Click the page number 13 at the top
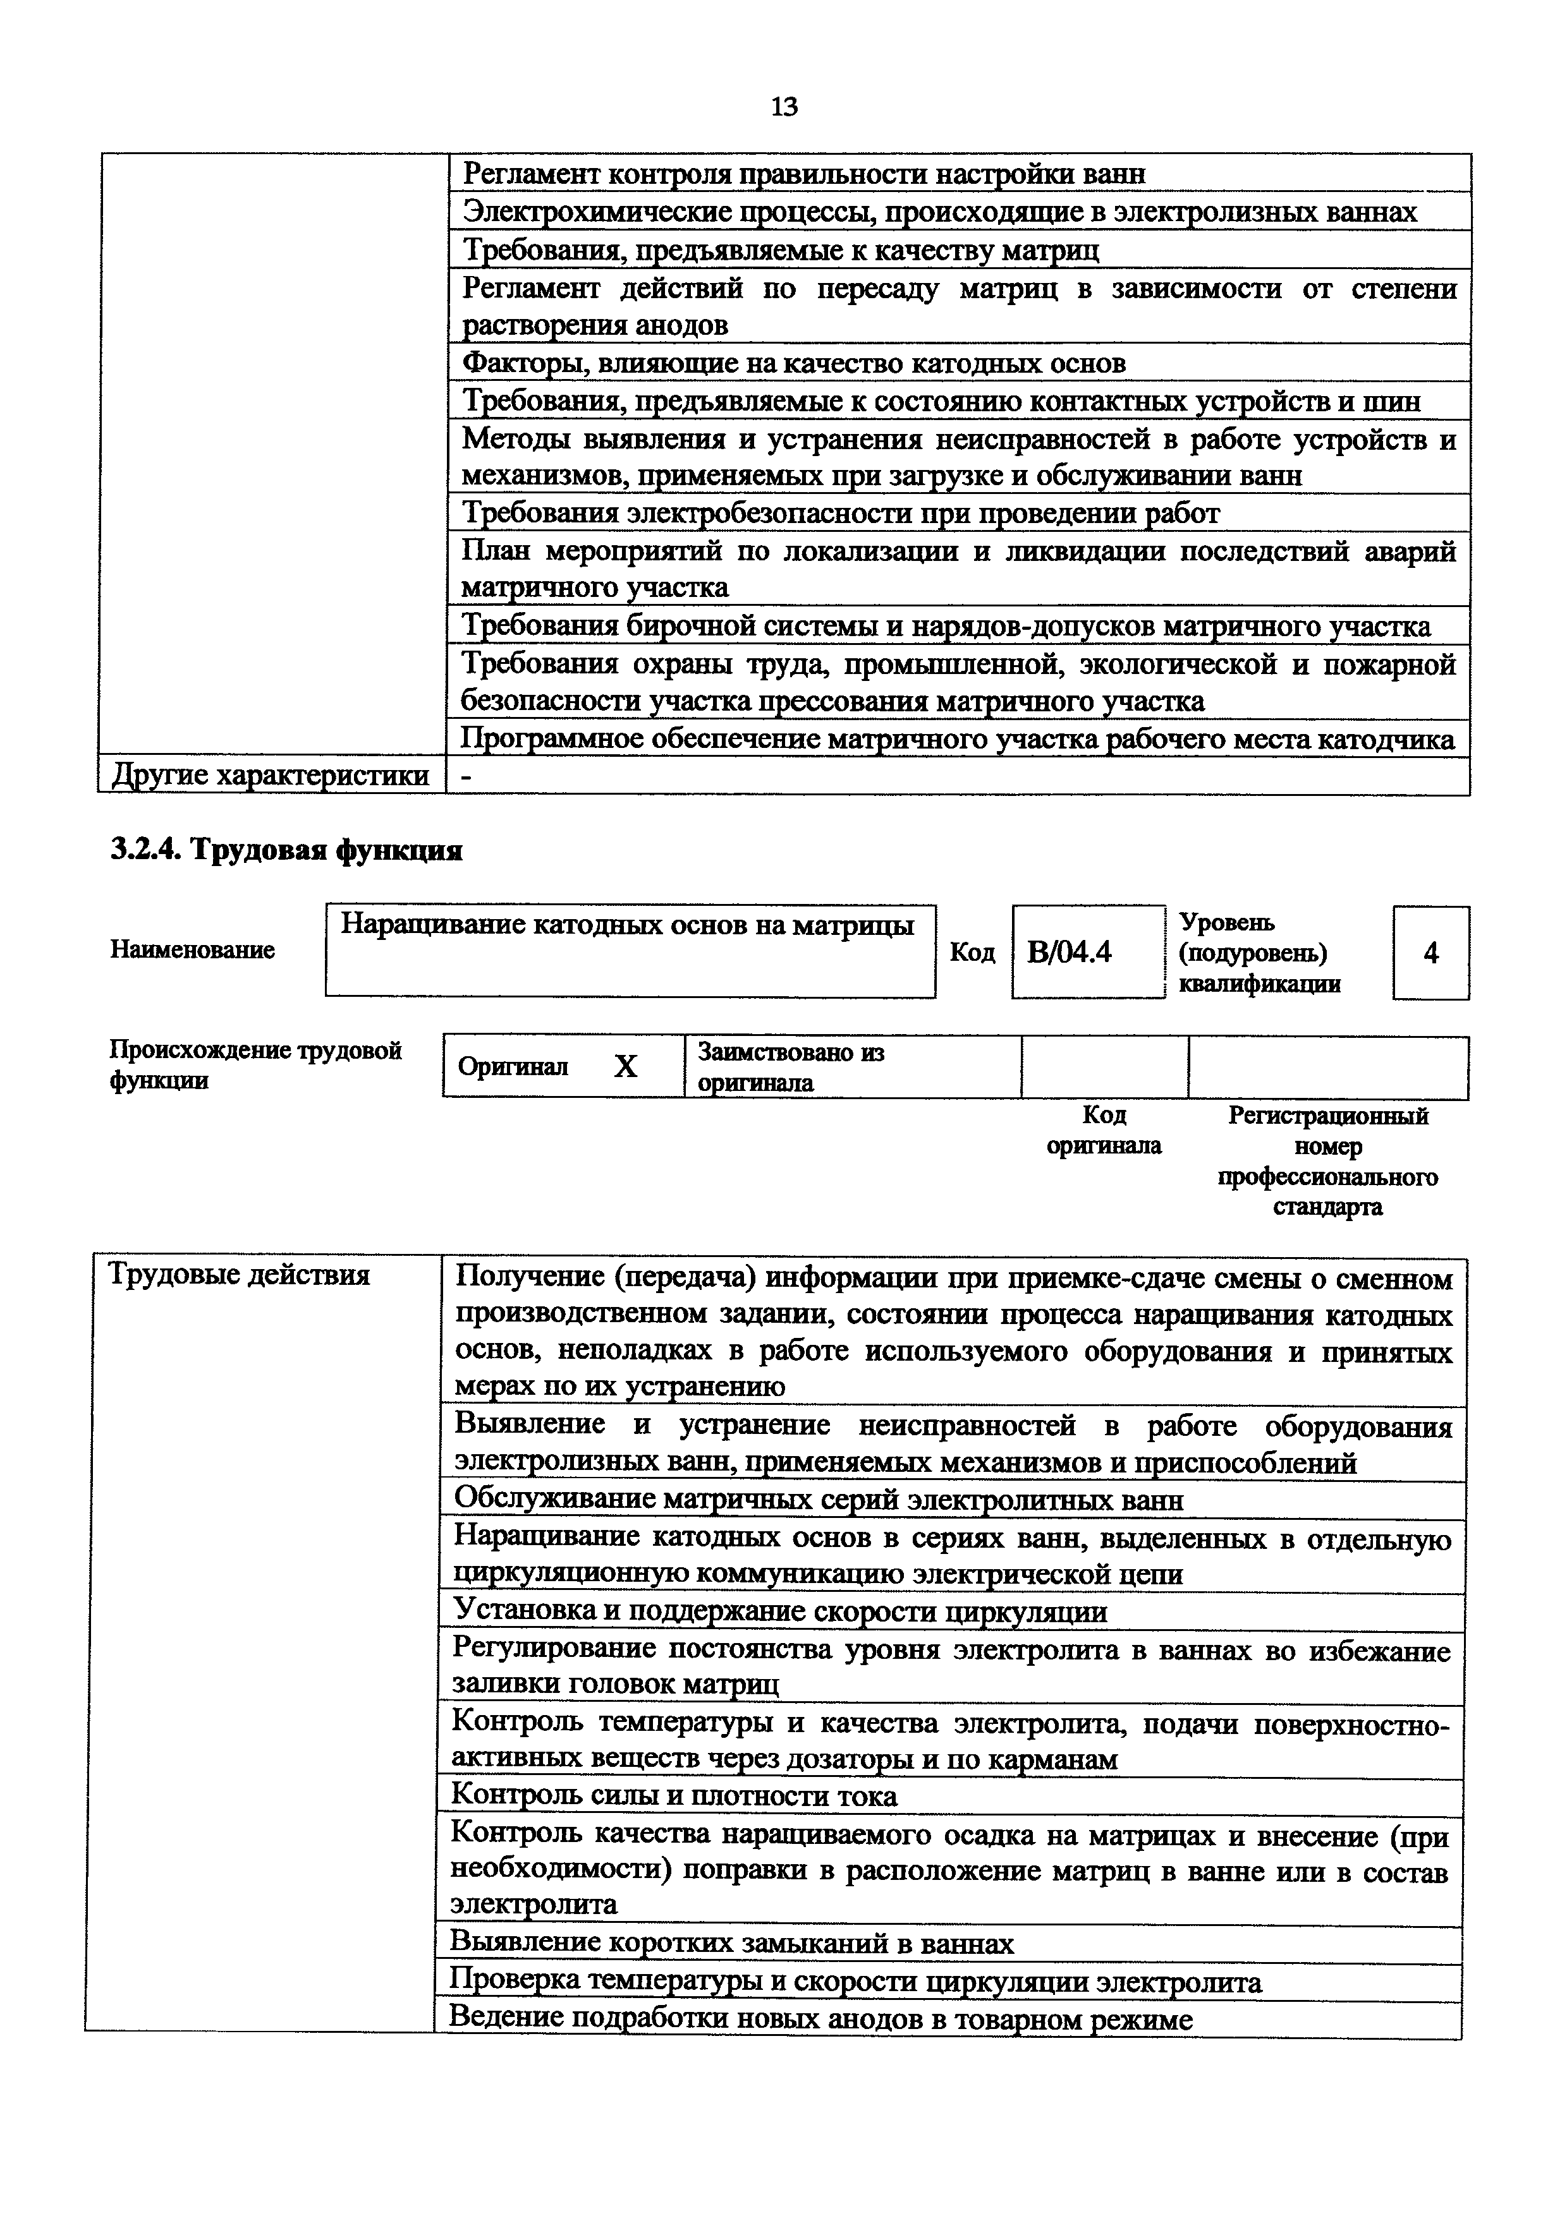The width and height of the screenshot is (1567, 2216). click(x=784, y=106)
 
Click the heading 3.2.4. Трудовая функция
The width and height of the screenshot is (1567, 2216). click(x=287, y=850)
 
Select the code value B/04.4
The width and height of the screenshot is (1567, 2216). click(x=1070, y=953)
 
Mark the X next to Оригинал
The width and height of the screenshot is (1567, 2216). click(x=626, y=1066)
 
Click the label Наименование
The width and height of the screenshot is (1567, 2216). click(x=192, y=949)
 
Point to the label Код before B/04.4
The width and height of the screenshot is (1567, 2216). click(x=972, y=953)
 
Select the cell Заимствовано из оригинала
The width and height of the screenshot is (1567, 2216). click(x=791, y=1066)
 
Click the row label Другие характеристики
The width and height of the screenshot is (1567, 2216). click(x=271, y=775)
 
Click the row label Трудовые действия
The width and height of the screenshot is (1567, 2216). click(x=240, y=1275)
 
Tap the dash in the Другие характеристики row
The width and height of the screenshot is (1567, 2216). click(x=468, y=776)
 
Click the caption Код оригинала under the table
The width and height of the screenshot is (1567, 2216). click(x=1104, y=1130)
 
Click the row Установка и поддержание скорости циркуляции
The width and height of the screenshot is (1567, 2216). click(x=780, y=1612)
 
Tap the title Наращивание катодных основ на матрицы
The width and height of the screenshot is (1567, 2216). click(x=628, y=925)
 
